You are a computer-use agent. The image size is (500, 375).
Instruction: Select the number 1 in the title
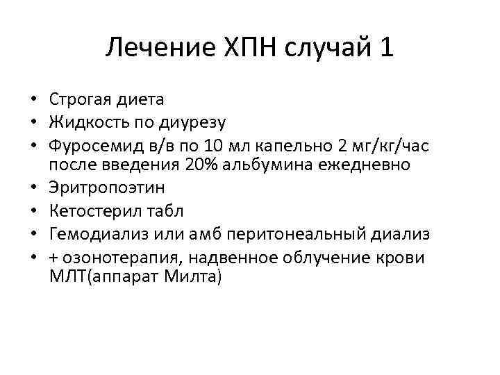coord(386,49)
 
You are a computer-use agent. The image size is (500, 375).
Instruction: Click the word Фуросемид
coord(89,145)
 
